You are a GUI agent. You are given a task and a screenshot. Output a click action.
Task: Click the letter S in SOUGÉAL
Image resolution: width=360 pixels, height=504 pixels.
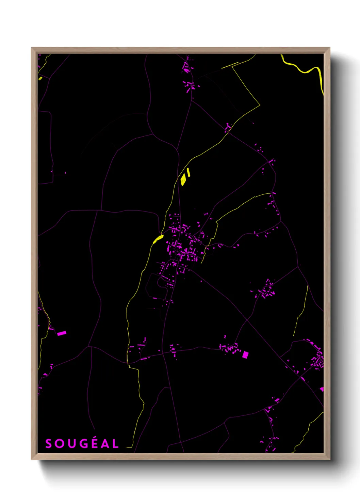pos(48,444)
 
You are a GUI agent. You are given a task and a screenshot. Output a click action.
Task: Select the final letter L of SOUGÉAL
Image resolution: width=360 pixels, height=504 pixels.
pos(116,444)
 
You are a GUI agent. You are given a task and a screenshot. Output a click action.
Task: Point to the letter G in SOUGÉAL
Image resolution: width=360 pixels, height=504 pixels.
pos(83,444)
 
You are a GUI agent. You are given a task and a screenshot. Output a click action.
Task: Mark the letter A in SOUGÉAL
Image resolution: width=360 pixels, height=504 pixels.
pos(105,444)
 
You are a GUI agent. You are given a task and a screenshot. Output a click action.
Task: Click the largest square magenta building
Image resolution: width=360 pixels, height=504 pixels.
pos(245,355)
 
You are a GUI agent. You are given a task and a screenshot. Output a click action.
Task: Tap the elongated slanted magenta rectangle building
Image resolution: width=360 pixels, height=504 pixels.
pos(62,333)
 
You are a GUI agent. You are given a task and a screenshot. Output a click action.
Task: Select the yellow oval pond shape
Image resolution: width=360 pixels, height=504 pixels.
pos(158,239)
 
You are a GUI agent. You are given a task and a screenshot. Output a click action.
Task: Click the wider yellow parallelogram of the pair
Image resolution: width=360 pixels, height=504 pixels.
pos(183,179)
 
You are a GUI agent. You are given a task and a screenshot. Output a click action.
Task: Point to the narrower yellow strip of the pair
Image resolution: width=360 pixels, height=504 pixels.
pos(189,172)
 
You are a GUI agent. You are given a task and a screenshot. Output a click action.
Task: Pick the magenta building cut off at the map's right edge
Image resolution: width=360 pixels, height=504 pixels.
pos(322,389)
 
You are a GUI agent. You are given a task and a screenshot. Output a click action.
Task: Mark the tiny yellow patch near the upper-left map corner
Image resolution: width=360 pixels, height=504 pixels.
pos(40,78)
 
